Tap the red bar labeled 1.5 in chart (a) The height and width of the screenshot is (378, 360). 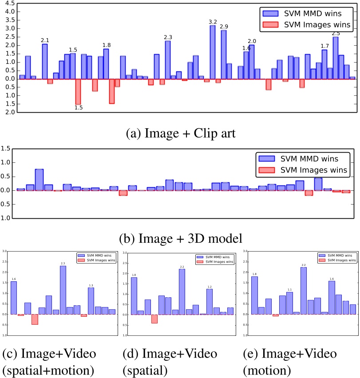point(78,92)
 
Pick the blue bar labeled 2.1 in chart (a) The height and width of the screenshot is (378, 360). point(45,62)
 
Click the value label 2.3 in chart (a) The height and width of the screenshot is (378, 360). point(168,37)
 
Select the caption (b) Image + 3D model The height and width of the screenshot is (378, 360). point(180,238)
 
